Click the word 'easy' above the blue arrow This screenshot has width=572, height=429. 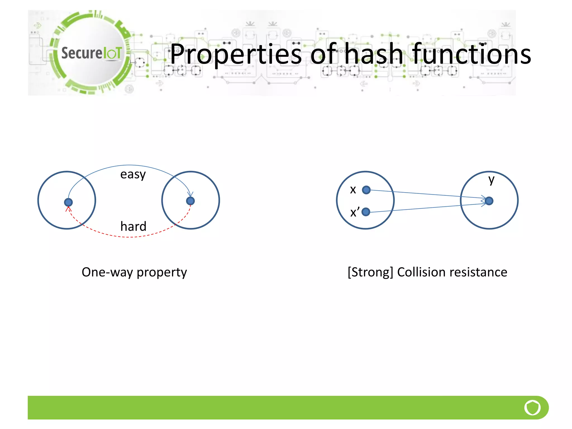click(x=133, y=175)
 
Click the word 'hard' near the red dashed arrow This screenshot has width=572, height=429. click(x=133, y=226)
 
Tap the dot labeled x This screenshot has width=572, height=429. click(x=366, y=190)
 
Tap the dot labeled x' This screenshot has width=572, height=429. click(x=366, y=212)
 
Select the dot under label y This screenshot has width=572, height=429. click(x=489, y=201)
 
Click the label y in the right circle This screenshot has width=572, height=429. click(x=491, y=180)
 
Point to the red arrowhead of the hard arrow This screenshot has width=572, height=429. click(x=69, y=208)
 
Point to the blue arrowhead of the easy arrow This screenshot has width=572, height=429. click(x=190, y=194)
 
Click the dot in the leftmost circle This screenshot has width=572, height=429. click(x=68, y=202)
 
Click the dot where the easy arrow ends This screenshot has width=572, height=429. click(x=190, y=201)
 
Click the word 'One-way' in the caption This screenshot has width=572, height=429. click(x=107, y=272)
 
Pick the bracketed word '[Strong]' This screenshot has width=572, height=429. click(x=370, y=272)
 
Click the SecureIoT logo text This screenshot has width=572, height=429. click(x=92, y=53)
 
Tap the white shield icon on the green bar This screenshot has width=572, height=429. click(x=532, y=407)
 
